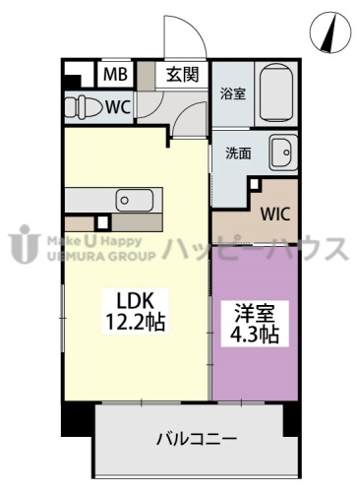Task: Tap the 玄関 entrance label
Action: point(181,73)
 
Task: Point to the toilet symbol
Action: point(88,105)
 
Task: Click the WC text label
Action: point(121,105)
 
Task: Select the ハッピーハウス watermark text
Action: point(255,247)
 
